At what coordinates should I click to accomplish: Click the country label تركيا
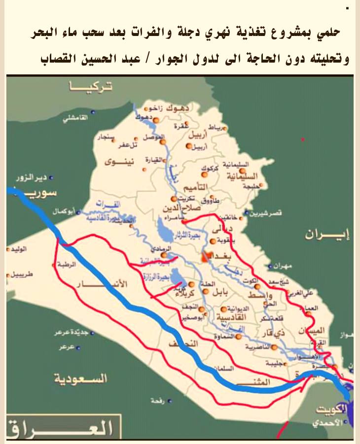(x=92, y=87)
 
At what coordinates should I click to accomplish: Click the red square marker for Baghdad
(x=207, y=256)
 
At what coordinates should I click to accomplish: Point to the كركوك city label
(x=210, y=169)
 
